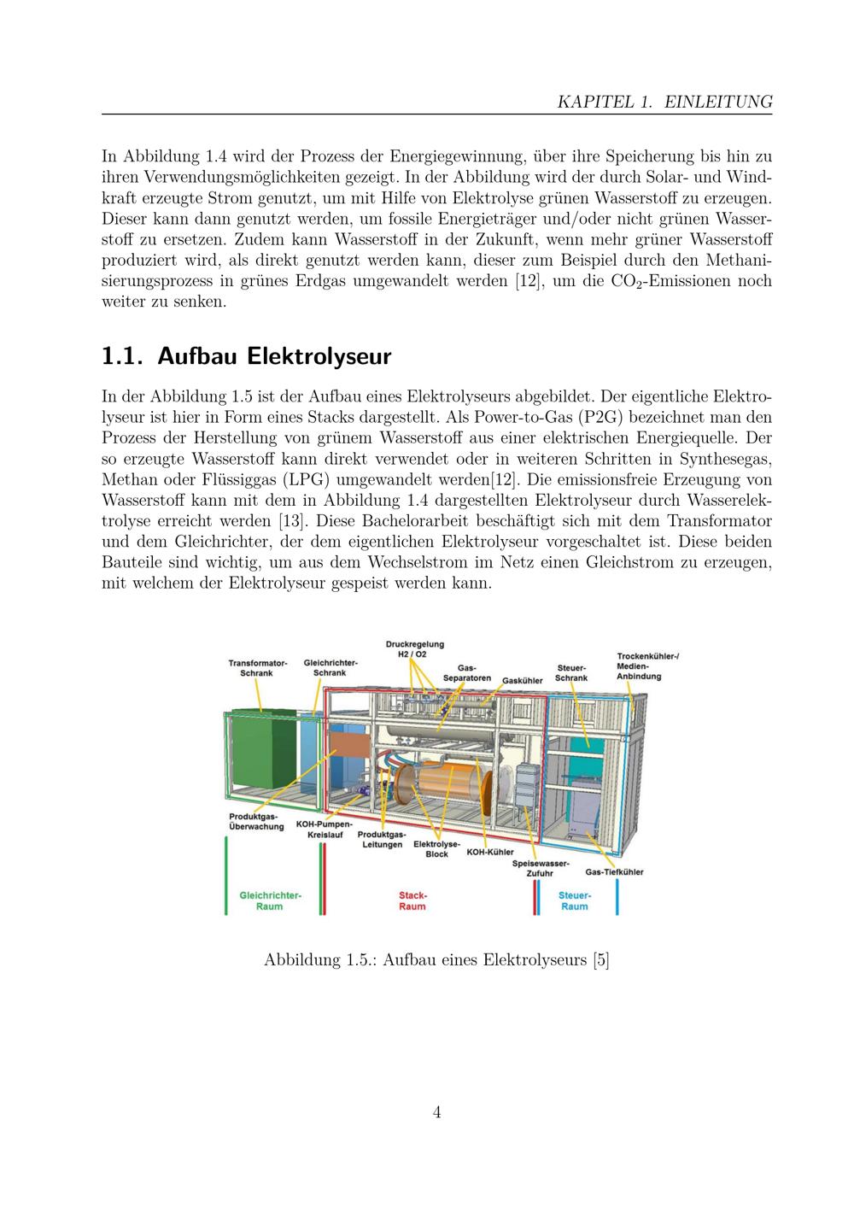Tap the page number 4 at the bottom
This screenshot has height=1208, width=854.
436,1112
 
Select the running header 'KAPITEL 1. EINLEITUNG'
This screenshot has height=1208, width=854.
664,102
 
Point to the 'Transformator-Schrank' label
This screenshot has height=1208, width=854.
257,668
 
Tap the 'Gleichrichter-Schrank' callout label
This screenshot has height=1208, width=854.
330,667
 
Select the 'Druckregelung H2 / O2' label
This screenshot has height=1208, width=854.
414,649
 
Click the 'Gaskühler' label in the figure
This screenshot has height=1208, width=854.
522,681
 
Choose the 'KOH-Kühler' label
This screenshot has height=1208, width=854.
489,853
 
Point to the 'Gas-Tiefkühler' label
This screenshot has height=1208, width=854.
614,872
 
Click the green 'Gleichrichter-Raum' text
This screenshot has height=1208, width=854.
270,900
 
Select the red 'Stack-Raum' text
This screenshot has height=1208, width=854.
412,900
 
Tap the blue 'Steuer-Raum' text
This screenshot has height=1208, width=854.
573,900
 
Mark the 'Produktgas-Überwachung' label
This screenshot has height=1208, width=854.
254,822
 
